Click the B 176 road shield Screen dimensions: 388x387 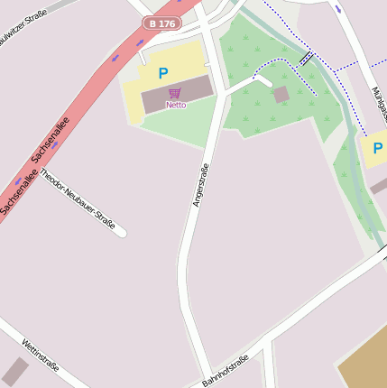point(163,23)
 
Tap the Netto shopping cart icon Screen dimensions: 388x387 point(175,93)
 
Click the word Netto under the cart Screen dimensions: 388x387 point(175,105)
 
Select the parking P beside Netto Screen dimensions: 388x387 point(163,73)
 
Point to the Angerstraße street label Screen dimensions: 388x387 point(201,185)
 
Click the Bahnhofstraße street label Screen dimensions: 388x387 point(226,371)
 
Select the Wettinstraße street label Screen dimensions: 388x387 point(41,355)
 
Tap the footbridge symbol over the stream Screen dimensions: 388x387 point(307,58)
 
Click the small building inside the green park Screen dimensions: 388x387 point(281,94)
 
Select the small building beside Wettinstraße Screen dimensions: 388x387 point(15,370)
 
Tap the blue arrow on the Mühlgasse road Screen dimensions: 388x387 point(338,8)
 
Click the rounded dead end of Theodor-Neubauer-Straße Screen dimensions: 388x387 point(121,234)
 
